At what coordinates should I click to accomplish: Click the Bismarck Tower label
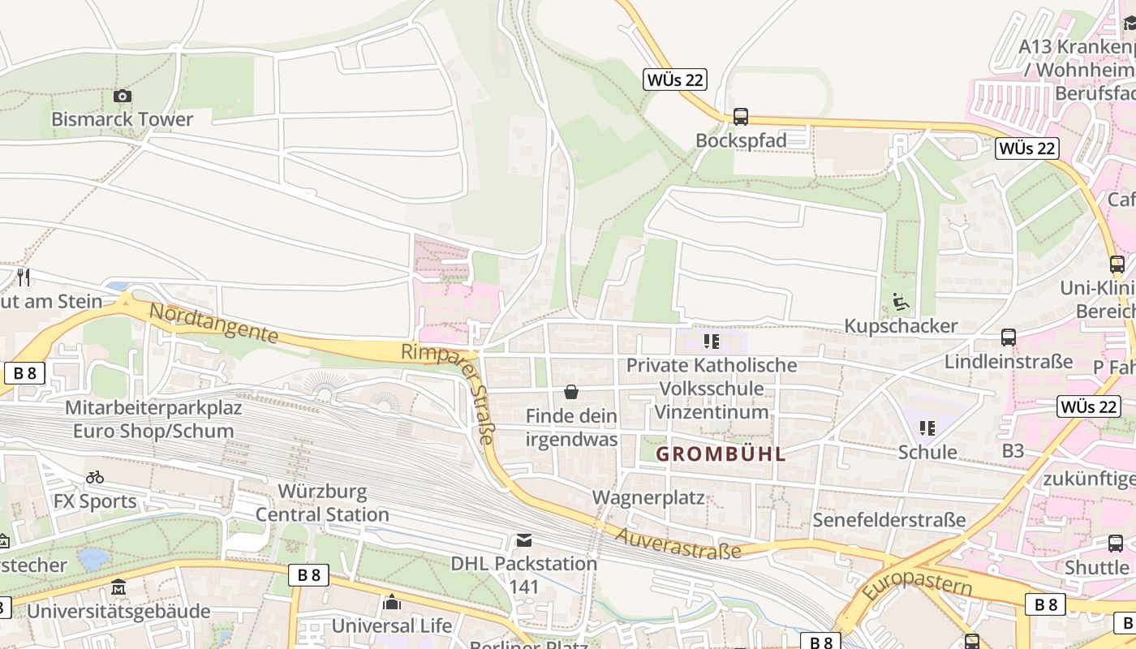click(122, 119)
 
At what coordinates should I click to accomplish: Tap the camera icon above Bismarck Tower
click(123, 97)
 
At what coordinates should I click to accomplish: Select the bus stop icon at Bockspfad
click(740, 117)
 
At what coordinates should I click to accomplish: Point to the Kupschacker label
click(901, 326)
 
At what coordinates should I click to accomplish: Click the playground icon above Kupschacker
click(901, 303)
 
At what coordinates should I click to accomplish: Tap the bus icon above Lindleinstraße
click(1009, 337)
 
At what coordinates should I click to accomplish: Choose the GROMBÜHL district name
click(721, 454)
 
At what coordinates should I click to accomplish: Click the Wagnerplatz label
click(648, 497)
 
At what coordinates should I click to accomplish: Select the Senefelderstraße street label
click(889, 519)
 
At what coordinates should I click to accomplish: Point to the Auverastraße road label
click(678, 544)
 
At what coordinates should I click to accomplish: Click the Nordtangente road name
click(213, 323)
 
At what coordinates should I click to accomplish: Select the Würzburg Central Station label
click(322, 503)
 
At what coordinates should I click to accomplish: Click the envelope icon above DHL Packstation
click(524, 540)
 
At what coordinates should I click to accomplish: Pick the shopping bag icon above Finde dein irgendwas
click(571, 393)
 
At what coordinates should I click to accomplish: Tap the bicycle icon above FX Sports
click(95, 477)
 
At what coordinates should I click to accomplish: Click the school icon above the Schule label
click(927, 428)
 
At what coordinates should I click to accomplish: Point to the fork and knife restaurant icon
click(24, 277)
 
